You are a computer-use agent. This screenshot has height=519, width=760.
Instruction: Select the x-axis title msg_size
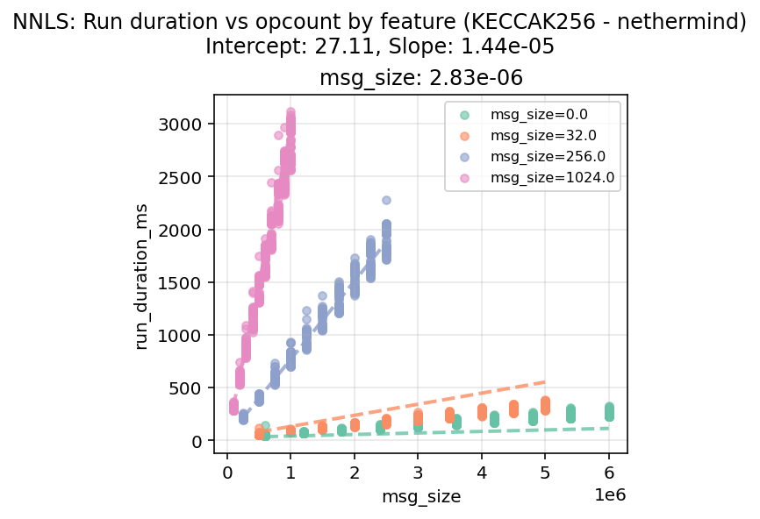coord(420,497)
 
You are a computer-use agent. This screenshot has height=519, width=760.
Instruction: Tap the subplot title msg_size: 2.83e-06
coord(420,78)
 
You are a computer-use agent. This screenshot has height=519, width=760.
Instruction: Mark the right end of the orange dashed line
coord(545,381)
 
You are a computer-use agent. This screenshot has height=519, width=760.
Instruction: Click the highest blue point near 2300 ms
coord(386,201)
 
